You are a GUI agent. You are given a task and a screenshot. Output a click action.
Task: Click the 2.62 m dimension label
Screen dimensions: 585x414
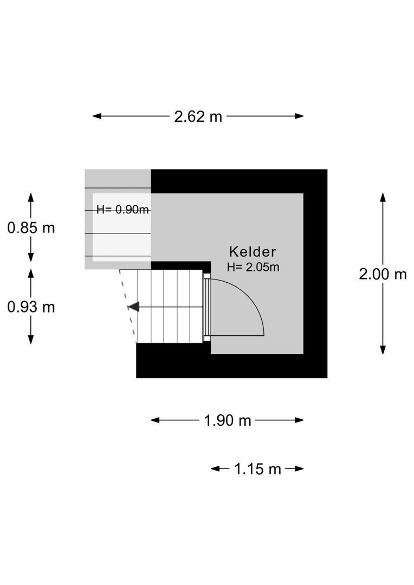198,116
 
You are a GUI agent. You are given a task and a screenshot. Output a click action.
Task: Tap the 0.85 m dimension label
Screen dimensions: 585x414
31,227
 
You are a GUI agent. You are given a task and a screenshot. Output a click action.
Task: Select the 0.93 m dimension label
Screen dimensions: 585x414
31,307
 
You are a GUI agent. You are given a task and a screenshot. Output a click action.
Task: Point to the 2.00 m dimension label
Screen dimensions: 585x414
383,274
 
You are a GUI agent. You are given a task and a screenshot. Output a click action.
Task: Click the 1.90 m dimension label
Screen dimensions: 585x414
228,420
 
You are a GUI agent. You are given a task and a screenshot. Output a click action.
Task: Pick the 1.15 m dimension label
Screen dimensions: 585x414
257,469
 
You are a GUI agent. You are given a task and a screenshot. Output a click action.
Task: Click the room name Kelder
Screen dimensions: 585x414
253,251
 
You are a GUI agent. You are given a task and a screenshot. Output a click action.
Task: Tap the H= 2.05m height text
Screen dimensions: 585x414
253,266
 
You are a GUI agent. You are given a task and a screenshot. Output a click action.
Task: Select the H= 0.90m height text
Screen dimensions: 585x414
122,210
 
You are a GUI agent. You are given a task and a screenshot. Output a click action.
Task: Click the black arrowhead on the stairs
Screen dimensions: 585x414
133,307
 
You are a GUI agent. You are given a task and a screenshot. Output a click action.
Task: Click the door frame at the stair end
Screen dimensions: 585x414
206,307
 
